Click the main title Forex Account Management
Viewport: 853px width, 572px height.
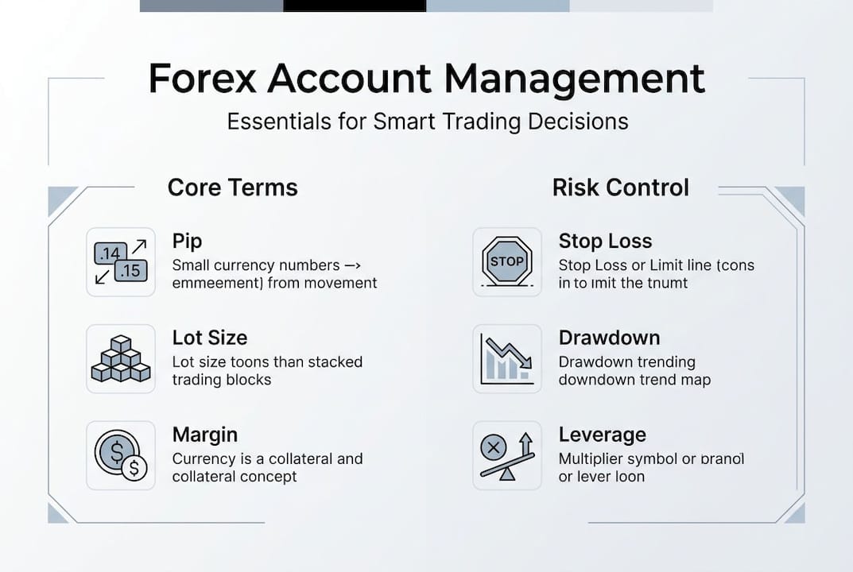426,79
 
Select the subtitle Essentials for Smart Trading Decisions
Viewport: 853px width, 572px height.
428,122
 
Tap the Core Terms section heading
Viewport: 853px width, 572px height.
232,187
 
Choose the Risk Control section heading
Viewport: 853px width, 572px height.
620,187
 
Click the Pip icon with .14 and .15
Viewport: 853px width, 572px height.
120,262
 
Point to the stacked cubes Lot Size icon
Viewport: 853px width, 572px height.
120,358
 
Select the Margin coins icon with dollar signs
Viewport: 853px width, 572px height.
120,455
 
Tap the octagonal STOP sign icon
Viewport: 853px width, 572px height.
507,262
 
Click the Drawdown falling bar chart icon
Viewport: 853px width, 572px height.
507,358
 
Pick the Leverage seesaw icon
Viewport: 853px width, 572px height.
507,455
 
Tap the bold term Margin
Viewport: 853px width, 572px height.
205,435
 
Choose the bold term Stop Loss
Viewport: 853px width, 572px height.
605,241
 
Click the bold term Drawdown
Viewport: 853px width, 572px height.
609,338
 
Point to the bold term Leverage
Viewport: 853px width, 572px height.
602,435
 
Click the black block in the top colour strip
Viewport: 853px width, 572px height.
355,6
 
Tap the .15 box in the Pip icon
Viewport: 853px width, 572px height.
130,271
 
